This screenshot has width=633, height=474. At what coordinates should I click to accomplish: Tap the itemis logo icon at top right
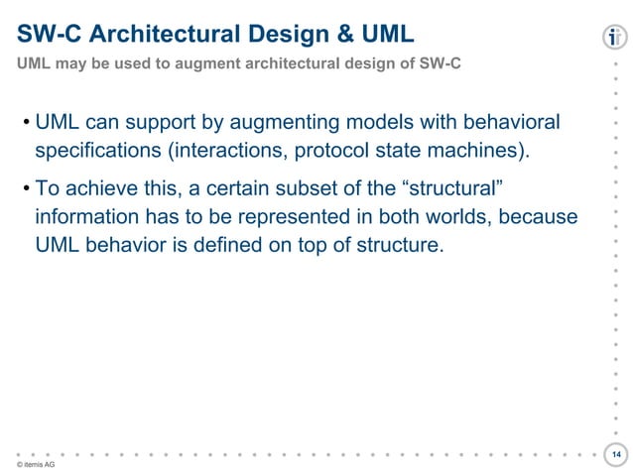615,39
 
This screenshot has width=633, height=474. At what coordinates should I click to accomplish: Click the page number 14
616,453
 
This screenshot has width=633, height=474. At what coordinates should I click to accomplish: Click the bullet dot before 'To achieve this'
25,187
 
